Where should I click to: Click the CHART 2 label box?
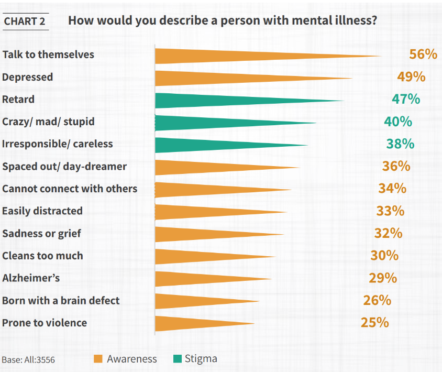coord(25,21)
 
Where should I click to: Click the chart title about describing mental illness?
coord(223,21)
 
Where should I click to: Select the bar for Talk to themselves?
coord(236,56)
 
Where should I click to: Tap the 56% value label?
coord(423,54)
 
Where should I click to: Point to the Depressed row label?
coord(28,77)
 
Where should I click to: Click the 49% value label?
coord(411,76)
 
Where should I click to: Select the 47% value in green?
coord(406,99)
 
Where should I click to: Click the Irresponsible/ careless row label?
coord(58,144)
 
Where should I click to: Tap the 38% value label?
coord(400,144)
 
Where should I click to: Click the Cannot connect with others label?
coord(70,189)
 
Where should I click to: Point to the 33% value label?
coord(390,211)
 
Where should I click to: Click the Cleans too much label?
coord(42,256)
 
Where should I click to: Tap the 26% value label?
coord(377,300)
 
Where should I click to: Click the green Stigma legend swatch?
coord(176,359)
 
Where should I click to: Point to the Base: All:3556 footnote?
coord(28,360)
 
